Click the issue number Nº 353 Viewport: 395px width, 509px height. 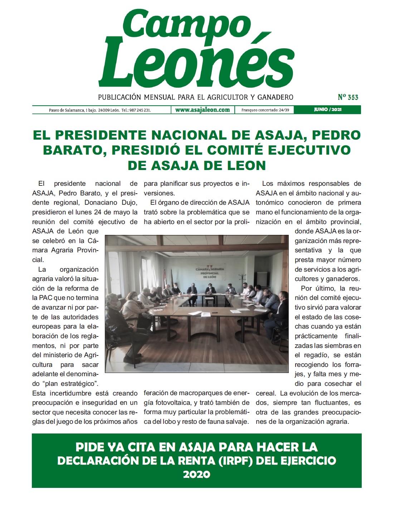pyautogui.click(x=348, y=97)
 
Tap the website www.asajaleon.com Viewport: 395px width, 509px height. pyautogui.click(x=203, y=110)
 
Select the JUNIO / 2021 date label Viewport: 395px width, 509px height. pyautogui.click(x=327, y=110)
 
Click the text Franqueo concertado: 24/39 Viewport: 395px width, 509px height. pyautogui.click(x=265, y=110)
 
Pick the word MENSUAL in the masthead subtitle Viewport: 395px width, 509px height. pyautogui.click(x=160, y=97)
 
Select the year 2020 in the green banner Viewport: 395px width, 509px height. pyautogui.click(x=196, y=474)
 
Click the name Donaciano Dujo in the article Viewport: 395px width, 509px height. pyautogui.click(x=111, y=203)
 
